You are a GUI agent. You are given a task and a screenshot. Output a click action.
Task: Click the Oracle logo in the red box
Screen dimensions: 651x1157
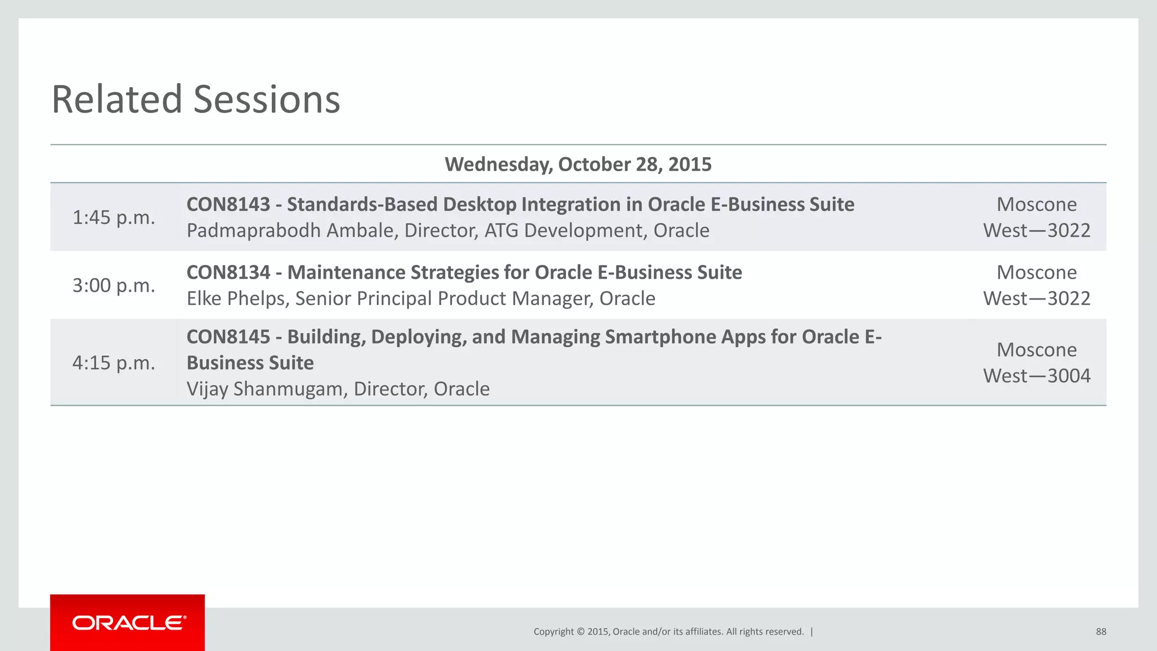pos(129,623)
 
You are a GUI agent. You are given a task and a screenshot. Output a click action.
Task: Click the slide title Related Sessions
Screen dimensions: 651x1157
pos(195,99)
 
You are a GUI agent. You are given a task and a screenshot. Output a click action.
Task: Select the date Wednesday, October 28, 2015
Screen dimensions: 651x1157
pos(578,164)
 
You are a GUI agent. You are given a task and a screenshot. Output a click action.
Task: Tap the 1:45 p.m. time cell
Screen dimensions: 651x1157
pos(114,218)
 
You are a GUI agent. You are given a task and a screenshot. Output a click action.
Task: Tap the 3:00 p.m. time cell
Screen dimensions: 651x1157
pos(114,285)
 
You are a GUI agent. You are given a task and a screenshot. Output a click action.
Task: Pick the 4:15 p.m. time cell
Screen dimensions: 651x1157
pos(114,363)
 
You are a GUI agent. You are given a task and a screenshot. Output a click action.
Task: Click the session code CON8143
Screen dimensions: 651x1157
pos(228,205)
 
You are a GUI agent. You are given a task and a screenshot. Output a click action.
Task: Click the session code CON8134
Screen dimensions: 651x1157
pos(228,272)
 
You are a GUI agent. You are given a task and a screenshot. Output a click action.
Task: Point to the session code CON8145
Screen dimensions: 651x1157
pos(228,337)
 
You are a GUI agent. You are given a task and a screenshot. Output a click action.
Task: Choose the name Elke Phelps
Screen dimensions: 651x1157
pos(237,298)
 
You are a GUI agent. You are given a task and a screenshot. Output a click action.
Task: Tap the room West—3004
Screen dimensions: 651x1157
pos(1037,376)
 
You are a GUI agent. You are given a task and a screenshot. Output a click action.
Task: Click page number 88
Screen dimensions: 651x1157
pos(1101,632)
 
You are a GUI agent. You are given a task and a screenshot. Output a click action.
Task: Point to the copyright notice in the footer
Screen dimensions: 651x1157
pos(668,632)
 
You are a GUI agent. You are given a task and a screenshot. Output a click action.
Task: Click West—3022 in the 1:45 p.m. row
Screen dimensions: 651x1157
pos(1037,231)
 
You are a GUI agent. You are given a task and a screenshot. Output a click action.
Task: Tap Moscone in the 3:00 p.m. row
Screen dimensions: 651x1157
pos(1037,272)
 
